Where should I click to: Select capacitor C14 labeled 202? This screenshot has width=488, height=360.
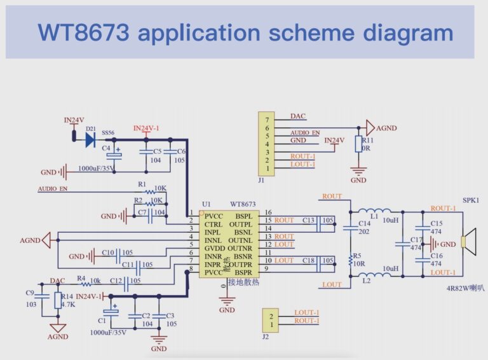pos(349,227)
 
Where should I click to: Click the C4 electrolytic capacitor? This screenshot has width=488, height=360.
pos(114,154)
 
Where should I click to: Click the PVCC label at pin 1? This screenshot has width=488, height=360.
pos(213,216)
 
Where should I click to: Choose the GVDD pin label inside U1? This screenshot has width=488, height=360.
pos(214,249)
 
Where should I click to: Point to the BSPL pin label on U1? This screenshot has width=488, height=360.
pos(244,216)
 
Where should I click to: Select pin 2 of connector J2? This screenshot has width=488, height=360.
pos(271,315)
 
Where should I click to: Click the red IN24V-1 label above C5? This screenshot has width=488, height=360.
pos(146,128)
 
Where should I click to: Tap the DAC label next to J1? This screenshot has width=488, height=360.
pos(298,116)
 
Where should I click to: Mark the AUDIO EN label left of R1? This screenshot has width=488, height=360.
pos(52,189)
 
